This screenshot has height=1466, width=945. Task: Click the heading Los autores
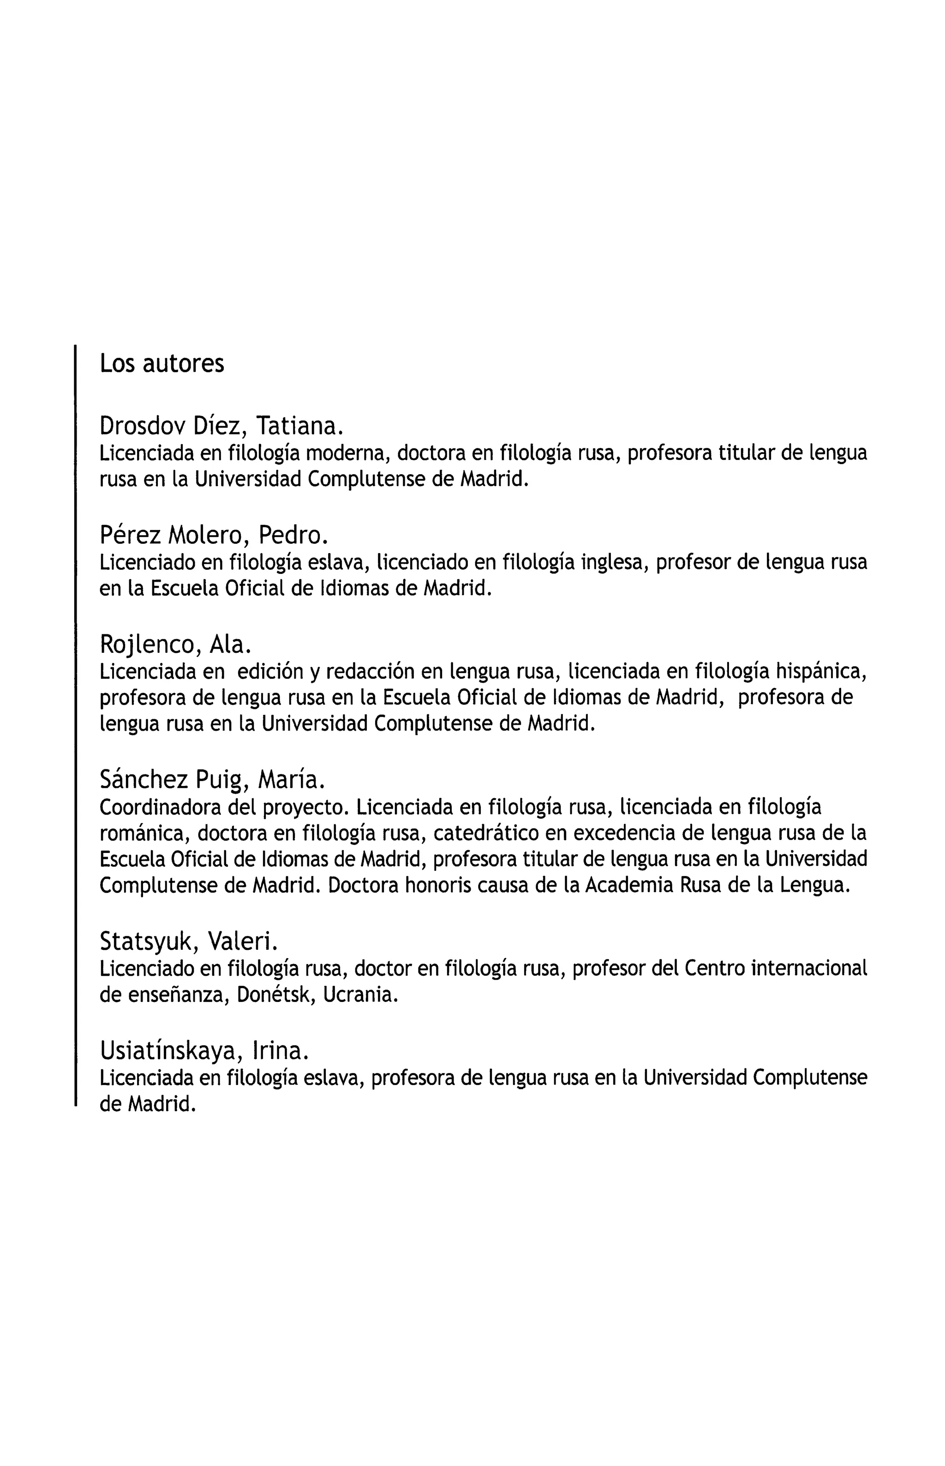click(x=162, y=364)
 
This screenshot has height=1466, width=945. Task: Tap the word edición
click(x=270, y=672)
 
